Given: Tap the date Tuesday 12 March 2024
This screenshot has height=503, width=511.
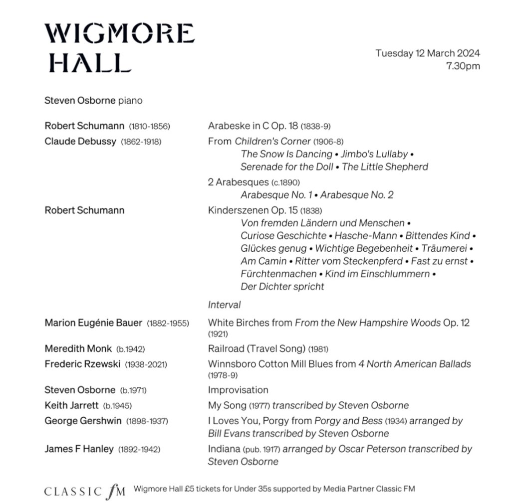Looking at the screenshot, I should tap(428, 53).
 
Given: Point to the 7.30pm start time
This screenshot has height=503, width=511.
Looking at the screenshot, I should tap(463, 66).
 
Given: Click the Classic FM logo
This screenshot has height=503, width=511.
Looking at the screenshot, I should tap(85, 491).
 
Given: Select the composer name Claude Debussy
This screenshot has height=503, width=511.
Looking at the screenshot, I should tap(80, 141).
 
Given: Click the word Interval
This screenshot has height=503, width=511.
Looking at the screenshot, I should tap(224, 304).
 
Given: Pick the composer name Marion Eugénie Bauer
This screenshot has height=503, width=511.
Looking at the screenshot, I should tap(93, 323).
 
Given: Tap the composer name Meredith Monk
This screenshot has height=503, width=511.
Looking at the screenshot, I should tap(78, 348).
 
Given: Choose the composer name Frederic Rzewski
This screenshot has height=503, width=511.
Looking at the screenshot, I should tap(82, 364).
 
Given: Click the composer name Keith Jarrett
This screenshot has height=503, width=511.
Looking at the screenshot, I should tap(71, 405).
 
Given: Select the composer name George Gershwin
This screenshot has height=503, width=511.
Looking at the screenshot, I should tap(83, 421).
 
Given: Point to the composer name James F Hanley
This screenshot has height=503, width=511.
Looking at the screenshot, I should tap(79, 449).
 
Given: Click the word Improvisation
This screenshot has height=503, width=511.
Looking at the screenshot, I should tap(238, 390).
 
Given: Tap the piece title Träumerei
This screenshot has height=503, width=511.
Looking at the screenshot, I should tap(445, 248).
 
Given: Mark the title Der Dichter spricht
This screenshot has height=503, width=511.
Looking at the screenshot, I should tap(282, 287).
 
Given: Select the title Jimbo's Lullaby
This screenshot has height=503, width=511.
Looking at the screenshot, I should tap(374, 154).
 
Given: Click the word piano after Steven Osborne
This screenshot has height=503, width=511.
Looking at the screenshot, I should tap(130, 101).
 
